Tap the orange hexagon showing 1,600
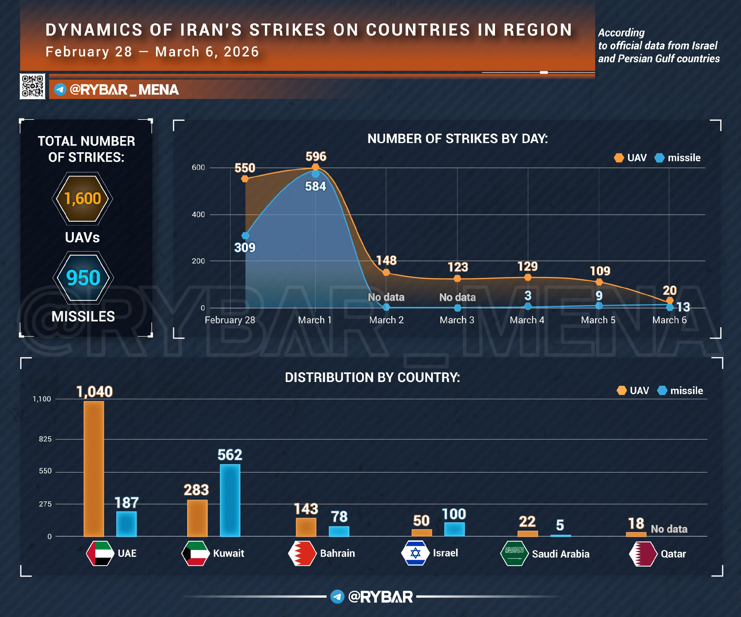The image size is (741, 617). [82, 199]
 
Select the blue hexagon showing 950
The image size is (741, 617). [83, 278]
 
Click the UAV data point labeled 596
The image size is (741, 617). [316, 167]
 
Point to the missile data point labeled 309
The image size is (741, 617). [245, 235]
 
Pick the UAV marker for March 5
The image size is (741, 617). [599, 282]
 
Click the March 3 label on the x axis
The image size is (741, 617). [457, 320]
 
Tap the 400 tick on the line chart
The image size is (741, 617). [198, 214]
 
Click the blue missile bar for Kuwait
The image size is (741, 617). [230, 500]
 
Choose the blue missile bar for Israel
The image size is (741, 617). [454, 529]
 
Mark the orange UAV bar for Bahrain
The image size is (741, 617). [306, 527]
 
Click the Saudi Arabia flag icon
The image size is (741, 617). [514, 553]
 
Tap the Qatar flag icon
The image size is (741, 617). [643, 554]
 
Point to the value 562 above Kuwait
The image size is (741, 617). [230, 455]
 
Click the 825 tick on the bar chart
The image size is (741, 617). [45, 439]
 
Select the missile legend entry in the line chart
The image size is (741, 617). [678, 158]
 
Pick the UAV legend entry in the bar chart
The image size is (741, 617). [633, 390]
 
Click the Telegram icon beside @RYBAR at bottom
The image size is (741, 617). [337, 596]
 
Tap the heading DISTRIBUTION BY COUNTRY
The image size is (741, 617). [372, 377]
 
